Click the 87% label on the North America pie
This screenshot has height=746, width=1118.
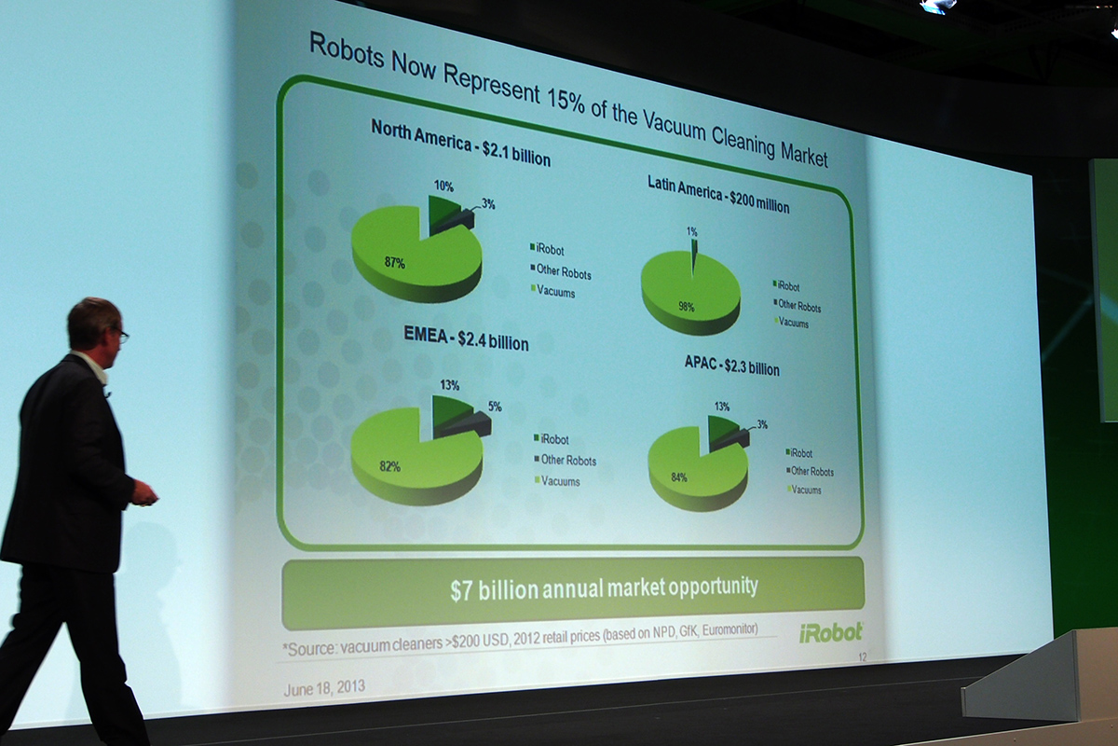[394, 262]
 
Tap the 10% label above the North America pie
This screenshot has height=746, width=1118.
[443, 186]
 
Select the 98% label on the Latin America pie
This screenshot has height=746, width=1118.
[687, 307]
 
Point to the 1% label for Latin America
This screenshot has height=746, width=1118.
[691, 231]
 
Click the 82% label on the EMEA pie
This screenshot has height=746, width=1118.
[389, 466]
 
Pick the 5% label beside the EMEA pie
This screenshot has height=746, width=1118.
[495, 407]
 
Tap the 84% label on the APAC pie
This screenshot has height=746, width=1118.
[679, 477]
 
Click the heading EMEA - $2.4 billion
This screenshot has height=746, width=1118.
[466, 339]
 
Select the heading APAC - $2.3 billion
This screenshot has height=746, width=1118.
[731, 366]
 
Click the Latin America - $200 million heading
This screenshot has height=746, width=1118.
[718, 195]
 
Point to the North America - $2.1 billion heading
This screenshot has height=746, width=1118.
[460, 144]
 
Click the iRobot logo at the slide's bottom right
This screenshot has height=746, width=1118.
[830, 632]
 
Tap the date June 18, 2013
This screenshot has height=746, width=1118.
[324, 687]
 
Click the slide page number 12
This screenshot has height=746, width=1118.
[863, 657]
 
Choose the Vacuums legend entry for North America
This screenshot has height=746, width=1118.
[552, 291]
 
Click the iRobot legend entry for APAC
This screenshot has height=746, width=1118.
[799, 452]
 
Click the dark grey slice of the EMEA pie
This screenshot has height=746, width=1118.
[467, 424]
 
